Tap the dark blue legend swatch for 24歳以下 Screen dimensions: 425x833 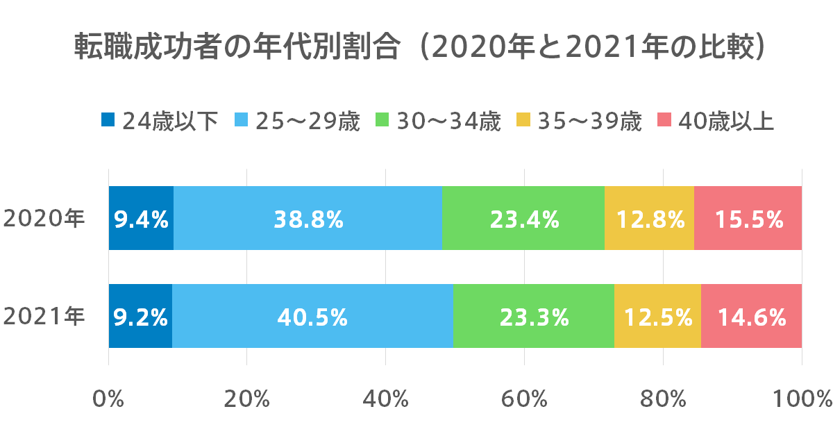tap(107, 120)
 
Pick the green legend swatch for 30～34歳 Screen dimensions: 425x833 tap(382, 120)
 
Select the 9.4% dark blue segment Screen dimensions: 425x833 tap(141, 219)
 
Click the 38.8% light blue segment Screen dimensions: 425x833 tap(308, 219)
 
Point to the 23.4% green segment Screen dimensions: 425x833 tap(524, 219)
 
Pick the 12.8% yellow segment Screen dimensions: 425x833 tap(650, 219)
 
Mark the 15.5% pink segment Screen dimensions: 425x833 tap(749, 219)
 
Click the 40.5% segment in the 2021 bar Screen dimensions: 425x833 tap(312, 317)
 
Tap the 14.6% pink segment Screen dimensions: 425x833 tap(752, 317)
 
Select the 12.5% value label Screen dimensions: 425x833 tap(658, 317)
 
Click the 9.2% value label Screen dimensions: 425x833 tap(141, 317)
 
